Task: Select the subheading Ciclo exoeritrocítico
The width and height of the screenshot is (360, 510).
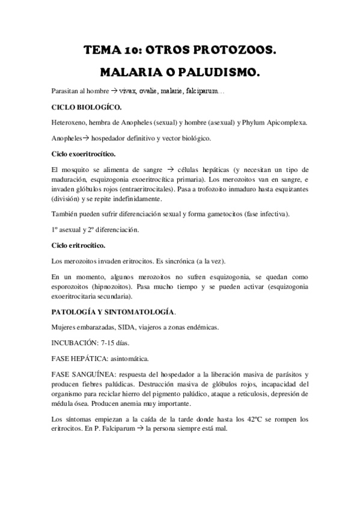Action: click(82, 154)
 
